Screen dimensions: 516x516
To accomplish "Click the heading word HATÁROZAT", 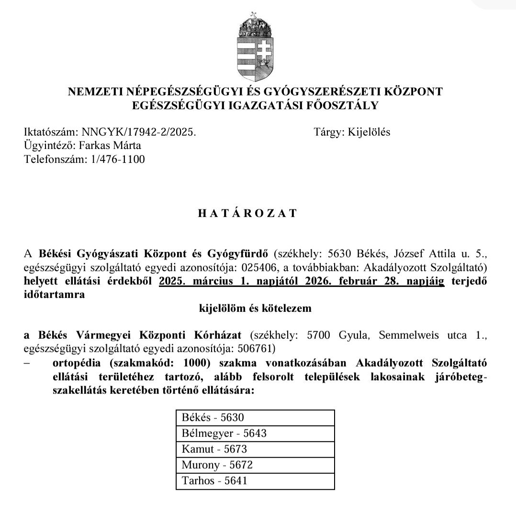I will (247, 214).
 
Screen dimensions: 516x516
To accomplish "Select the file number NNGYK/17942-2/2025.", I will (139, 132).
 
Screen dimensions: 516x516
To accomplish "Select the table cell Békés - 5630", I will (255, 417).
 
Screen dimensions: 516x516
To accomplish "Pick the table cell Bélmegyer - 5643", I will (255, 433).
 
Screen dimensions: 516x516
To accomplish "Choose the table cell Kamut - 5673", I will (255, 449).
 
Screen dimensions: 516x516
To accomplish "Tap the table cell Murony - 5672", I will (255, 465).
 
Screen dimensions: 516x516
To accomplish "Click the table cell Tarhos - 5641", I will (255, 481).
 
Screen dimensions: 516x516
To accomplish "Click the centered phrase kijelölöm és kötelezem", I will (255, 308).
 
